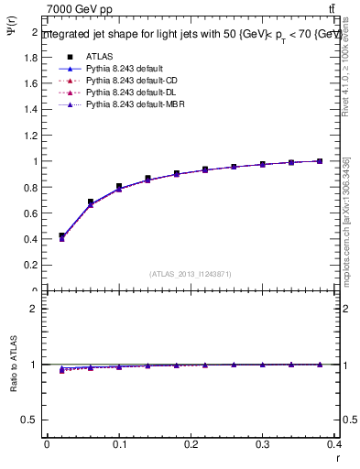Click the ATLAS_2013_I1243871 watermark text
click(x=191, y=273)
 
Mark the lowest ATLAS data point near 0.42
click(x=61, y=236)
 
